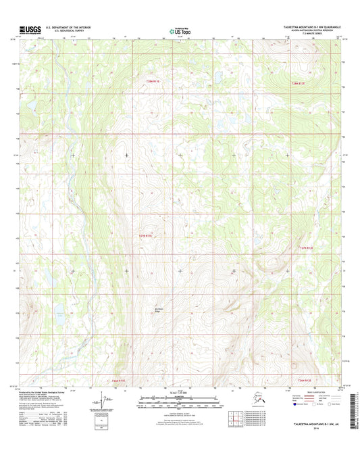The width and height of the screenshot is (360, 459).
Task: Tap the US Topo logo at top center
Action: point(179,30)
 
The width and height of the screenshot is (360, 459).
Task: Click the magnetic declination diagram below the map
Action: point(105,404)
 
